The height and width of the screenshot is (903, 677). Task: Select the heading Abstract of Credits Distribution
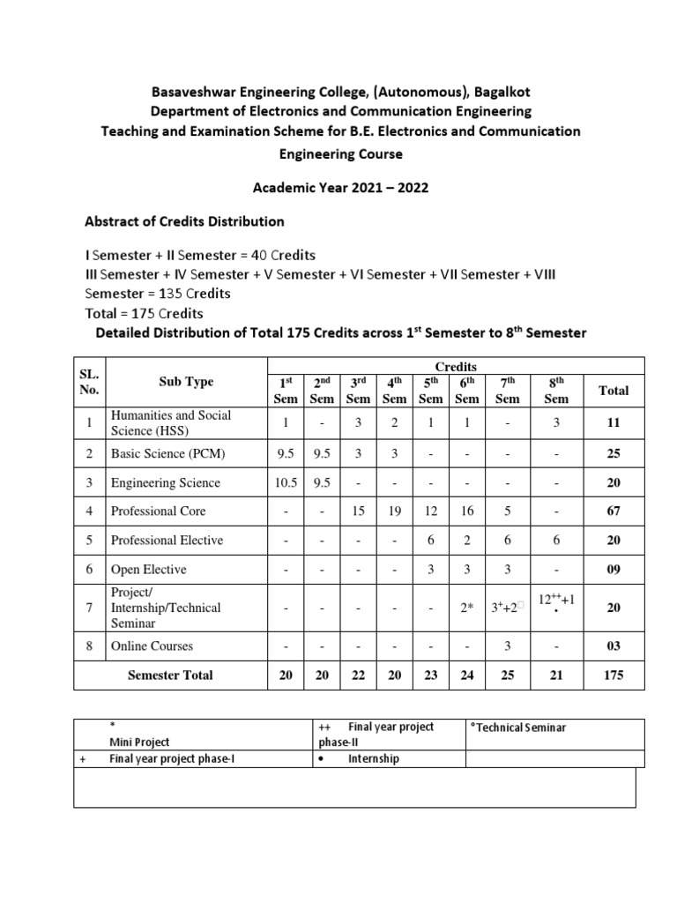(x=183, y=220)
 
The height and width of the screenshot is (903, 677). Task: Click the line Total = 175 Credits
(x=144, y=313)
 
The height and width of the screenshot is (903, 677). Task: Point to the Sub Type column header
(x=186, y=382)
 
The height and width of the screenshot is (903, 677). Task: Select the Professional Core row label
(x=159, y=511)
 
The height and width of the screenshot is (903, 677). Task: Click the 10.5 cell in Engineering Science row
(x=284, y=483)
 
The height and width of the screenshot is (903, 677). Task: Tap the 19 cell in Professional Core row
(x=394, y=511)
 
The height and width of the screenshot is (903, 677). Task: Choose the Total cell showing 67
(x=614, y=511)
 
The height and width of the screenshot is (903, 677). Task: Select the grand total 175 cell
(x=614, y=675)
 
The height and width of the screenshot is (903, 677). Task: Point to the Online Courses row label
(x=152, y=646)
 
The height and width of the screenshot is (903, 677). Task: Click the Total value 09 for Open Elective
(x=614, y=570)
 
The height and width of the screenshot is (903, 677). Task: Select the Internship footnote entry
(x=373, y=758)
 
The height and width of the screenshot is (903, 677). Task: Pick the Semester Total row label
(x=170, y=675)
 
